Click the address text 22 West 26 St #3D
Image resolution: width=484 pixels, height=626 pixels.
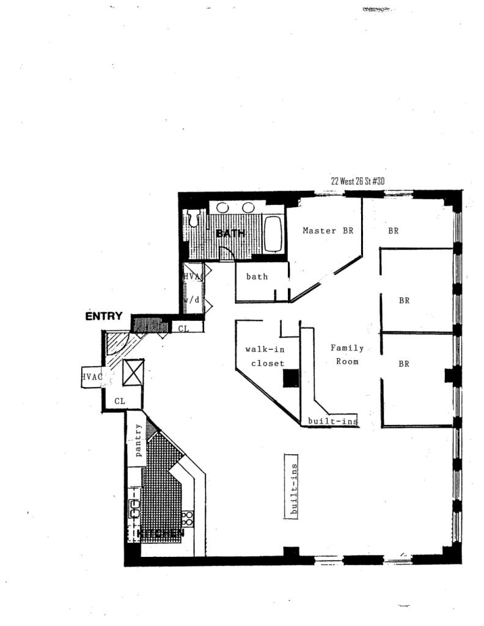pos(358,181)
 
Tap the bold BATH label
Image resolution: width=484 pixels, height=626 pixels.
pos(230,234)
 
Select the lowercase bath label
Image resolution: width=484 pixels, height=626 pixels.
pos(257,277)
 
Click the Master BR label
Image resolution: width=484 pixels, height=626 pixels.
pos(328,231)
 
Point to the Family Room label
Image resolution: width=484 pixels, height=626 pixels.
pos(346,355)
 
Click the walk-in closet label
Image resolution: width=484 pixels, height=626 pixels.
pos(265,356)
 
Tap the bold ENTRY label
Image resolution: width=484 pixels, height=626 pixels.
pos(103,316)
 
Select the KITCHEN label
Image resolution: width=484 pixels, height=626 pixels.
pos(160,534)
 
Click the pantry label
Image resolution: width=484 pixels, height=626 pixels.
pos(139,440)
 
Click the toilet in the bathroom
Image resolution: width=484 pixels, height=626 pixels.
pos(194,219)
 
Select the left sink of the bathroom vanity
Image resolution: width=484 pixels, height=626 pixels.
pos(222,208)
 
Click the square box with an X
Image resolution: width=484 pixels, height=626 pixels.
pos(133,373)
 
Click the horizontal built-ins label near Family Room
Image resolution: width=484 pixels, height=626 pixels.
pos(332,421)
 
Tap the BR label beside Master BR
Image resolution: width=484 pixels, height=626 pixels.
pos(393,231)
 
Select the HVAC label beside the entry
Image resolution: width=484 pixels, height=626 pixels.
pos(92,377)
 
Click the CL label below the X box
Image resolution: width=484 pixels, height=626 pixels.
pos(120,402)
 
